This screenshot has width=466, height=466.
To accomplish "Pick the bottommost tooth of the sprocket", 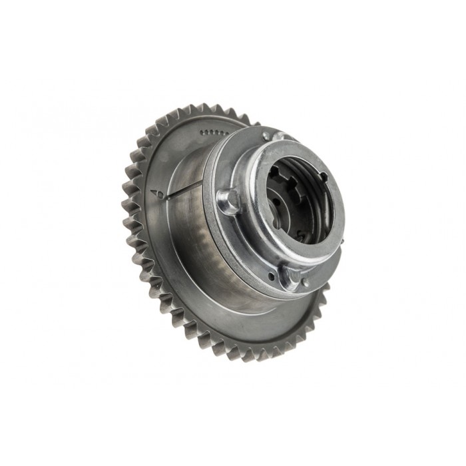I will pos(266,355).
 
